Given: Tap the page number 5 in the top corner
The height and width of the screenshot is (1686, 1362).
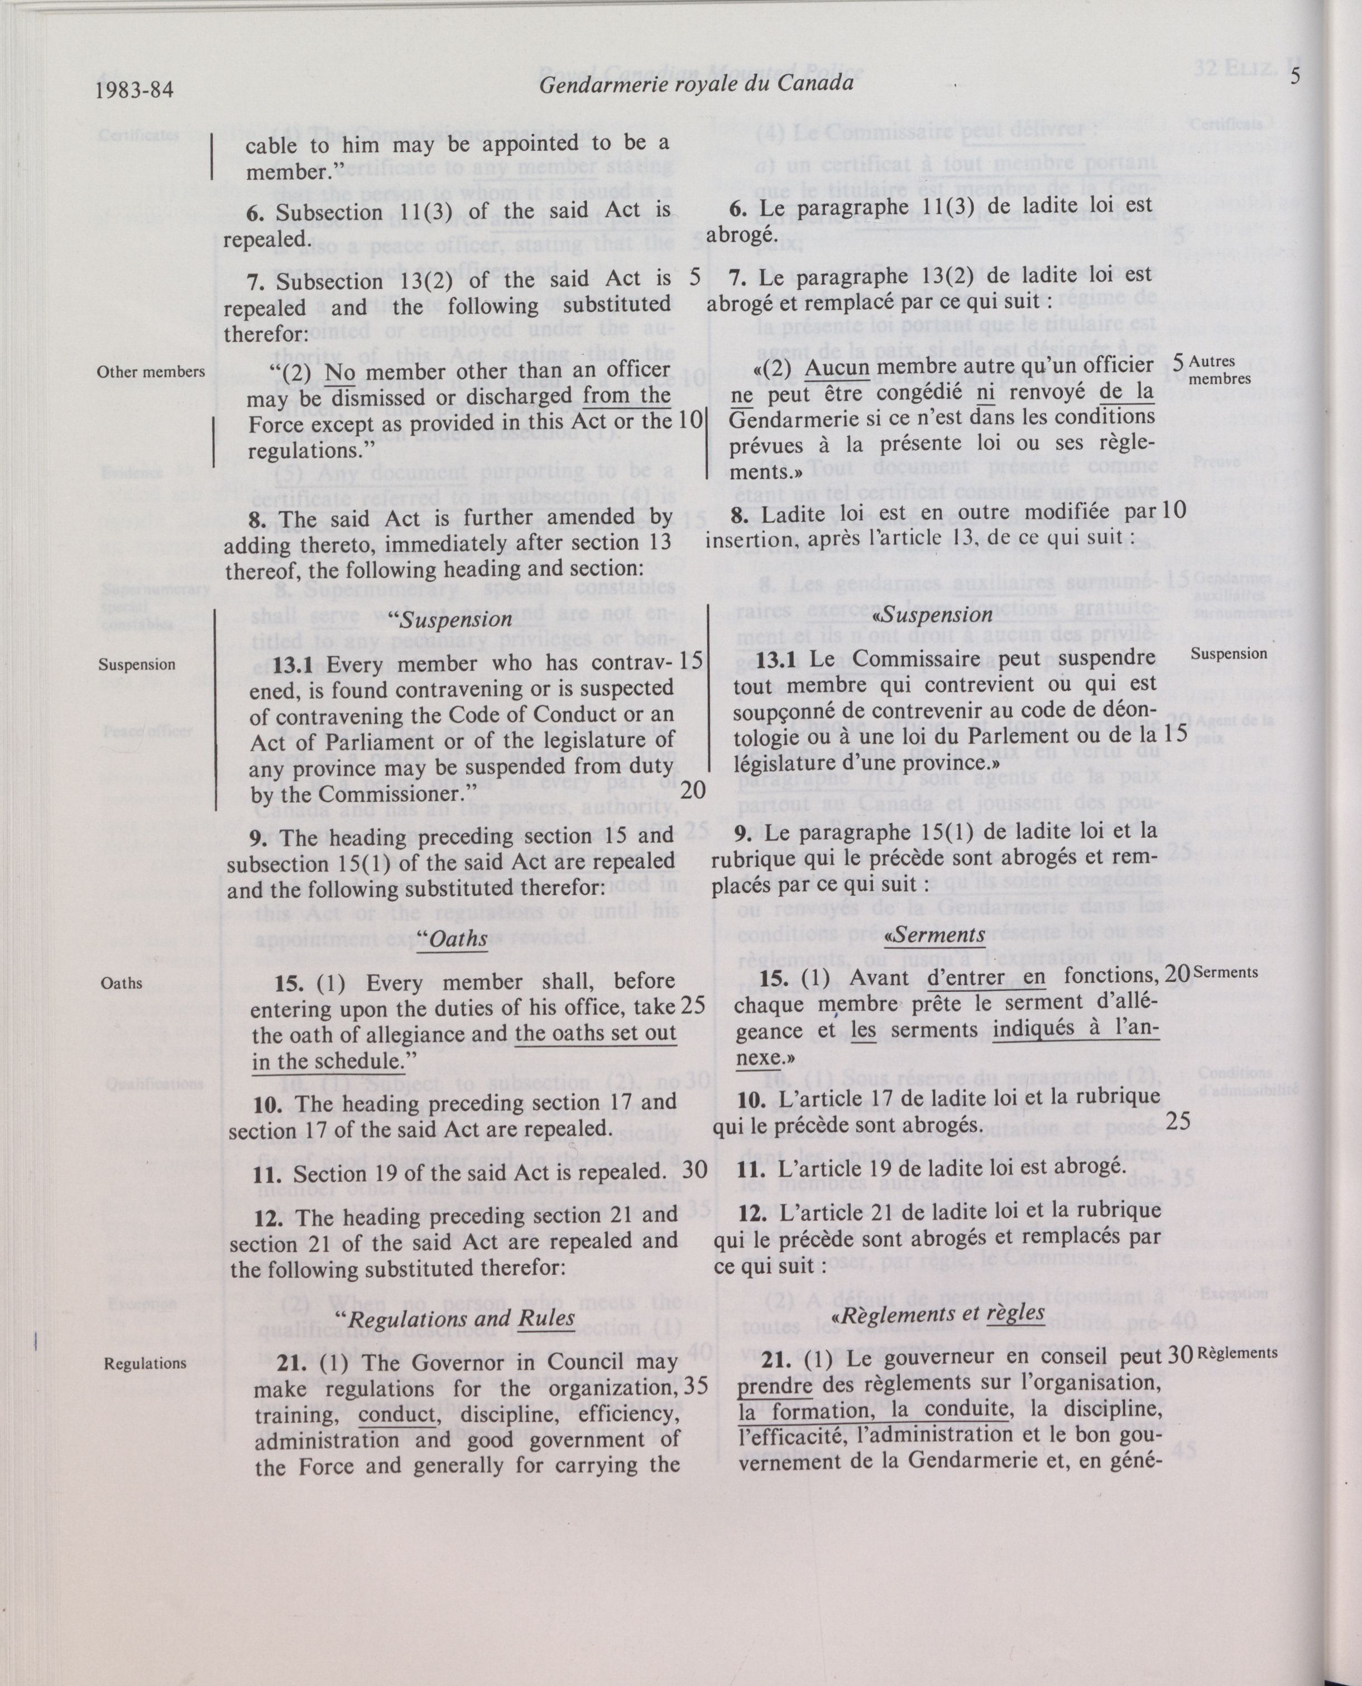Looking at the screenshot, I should point(1294,77).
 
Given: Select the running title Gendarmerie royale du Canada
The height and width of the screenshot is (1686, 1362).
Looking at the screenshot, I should point(696,83).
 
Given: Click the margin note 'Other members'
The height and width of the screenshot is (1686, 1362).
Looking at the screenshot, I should point(151,372).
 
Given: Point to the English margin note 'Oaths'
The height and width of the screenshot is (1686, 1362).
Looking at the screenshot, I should point(122,983).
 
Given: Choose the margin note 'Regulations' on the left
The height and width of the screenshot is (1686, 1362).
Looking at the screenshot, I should point(145,1363).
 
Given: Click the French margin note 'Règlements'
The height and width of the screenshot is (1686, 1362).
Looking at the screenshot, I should point(1238,1353).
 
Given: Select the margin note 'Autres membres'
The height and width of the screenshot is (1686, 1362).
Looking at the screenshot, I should point(1219,370).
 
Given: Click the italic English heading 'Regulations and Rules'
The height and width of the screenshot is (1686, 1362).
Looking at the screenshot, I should point(461,1319).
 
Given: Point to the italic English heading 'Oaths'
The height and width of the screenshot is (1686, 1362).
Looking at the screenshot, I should point(453,939).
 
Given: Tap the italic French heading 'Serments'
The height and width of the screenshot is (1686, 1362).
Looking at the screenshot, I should point(938,934).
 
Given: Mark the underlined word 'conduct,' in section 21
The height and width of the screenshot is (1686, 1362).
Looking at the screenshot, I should point(397,1415).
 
